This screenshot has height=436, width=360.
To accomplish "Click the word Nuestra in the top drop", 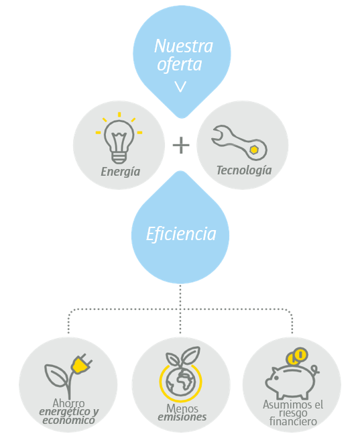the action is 184,46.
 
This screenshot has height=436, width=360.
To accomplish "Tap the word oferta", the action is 180,64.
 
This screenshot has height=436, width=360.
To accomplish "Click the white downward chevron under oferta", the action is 180,87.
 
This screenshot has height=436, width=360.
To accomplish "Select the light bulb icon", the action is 119,138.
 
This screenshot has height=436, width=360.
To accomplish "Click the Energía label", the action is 121,172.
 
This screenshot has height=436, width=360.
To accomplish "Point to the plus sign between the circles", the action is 181,145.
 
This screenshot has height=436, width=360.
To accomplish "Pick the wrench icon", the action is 239,143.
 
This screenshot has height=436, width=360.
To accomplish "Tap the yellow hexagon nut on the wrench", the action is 254,150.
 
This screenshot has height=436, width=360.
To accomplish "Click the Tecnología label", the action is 244,170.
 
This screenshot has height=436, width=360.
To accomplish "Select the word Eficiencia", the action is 181,234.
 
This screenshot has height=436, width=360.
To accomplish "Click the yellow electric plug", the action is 81,364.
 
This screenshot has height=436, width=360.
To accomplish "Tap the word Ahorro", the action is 68,403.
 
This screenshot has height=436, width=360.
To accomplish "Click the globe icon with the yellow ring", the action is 181,382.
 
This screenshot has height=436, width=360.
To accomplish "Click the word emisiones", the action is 182,417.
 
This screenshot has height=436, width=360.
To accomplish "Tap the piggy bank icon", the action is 292,381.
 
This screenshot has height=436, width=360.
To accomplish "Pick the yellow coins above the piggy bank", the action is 297,356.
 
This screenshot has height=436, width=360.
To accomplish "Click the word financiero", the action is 293,421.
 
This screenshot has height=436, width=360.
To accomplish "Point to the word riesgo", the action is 293,413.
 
